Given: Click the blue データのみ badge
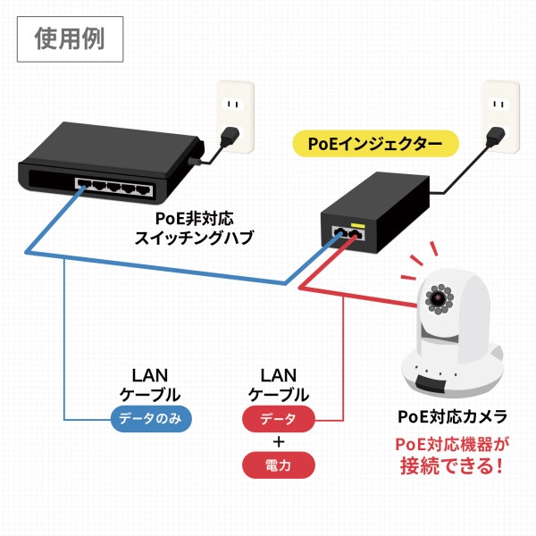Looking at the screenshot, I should click(x=150, y=418).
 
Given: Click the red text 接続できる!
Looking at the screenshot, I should click(x=452, y=465).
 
